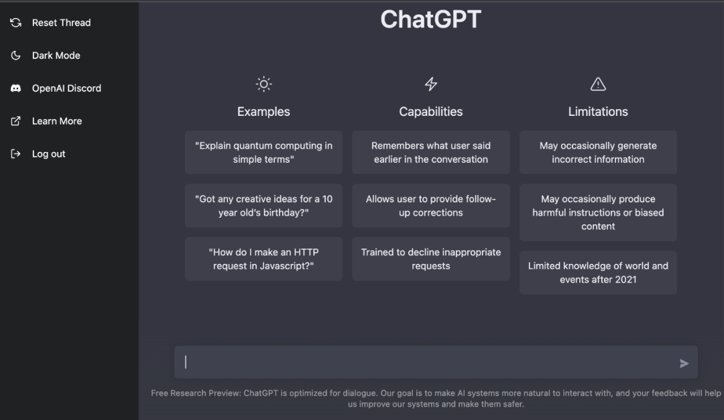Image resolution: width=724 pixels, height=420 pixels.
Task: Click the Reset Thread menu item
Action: click(50, 23)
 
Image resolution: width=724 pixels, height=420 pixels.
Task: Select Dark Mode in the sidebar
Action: click(46, 56)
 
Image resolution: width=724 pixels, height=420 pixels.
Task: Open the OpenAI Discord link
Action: click(56, 88)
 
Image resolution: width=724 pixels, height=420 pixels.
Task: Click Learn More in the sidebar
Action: click(46, 121)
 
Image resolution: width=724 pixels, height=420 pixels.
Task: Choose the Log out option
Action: click(38, 153)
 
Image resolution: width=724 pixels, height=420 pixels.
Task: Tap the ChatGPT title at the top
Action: click(431, 19)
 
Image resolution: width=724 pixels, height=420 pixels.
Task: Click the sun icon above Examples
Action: click(263, 84)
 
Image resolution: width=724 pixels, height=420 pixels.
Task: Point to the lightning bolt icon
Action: click(431, 84)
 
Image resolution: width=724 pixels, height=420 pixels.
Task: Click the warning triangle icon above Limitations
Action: click(598, 84)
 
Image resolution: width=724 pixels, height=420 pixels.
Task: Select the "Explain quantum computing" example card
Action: click(263, 152)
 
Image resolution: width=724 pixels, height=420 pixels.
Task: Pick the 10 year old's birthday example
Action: click(263, 206)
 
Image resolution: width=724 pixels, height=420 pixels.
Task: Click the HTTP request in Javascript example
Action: click(263, 259)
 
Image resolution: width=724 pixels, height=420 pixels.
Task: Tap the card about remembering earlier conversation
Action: click(431, 152)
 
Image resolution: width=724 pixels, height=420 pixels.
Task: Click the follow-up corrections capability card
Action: click(431, 206)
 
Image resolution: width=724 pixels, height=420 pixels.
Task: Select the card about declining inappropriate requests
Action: click(431, 259)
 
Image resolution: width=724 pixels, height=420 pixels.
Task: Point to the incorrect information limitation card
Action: click(598, 152)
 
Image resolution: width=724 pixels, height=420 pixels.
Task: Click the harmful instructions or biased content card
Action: click(598, 212)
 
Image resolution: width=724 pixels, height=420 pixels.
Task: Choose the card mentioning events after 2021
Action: click(598, 273)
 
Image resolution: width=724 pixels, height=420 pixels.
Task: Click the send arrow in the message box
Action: click(684, 364)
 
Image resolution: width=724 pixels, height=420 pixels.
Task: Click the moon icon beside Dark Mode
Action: click(15, 56)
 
